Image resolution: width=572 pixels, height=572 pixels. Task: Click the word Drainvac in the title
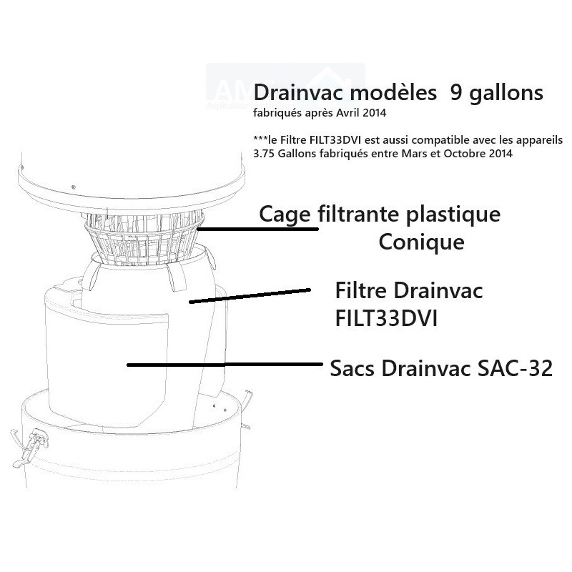click(298, 93)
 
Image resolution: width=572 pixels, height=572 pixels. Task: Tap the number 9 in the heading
click(456, 93)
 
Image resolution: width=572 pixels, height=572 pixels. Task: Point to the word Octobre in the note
click(459, 154)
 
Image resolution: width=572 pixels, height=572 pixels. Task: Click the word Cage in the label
click(285, 215)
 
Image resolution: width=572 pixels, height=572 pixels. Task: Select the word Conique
click(421, 242)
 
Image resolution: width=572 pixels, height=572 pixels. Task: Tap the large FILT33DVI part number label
click(386, 318)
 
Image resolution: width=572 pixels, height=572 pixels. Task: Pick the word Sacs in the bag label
click(352, 368)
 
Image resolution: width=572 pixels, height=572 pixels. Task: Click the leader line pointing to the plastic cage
click(257, 229)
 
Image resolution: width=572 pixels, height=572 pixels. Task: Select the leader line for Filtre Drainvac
click(250, 295)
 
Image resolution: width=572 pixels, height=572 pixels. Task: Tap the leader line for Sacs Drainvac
click(225, 364)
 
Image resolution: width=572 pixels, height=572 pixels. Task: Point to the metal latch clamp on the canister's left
click(29, 448)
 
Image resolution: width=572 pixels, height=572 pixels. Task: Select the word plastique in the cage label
click(453, 215)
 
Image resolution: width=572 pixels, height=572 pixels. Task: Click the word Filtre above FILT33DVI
click(361, 291)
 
